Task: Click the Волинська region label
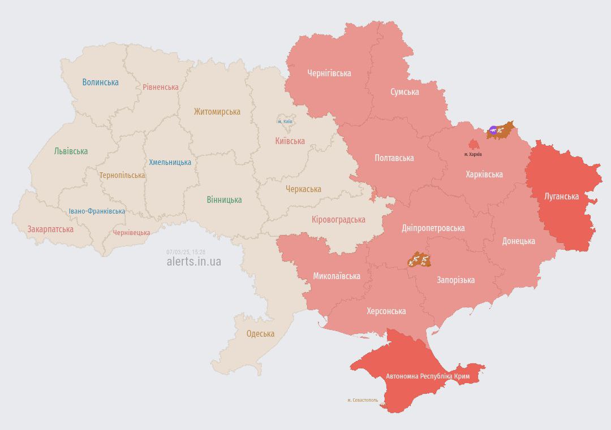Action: tap(100, 82)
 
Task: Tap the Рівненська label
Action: tap(160, 87)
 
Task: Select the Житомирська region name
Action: tap(217, 112)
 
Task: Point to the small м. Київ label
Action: tap(285, 121)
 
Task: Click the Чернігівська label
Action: tap(329, 73)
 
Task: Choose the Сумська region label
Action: tap(405, 92)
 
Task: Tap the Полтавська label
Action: tap(394, 158)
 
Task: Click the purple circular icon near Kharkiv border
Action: tap(493, 131)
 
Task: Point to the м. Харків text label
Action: tap(473, 154)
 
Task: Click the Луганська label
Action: tap(561, 197)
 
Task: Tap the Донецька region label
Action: tap(518, 241)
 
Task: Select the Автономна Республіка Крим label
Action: tap(428, 376)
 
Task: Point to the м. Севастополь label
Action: tap(363, 400)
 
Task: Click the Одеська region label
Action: tap(260, 334)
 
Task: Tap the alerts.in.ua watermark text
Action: tap(193, 262)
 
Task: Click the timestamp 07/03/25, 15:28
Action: tap(186, 252)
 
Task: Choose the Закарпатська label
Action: tap(50, 229)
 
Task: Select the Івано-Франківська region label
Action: tap(97, 211)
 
